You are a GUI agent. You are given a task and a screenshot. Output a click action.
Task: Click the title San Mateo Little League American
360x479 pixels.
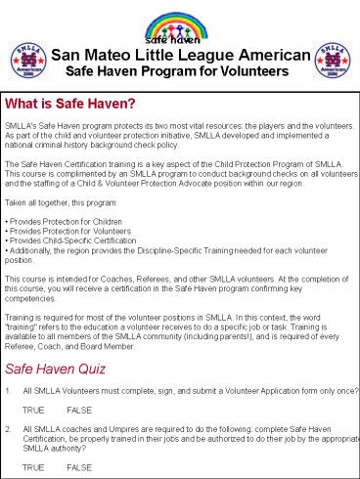point(182,56)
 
